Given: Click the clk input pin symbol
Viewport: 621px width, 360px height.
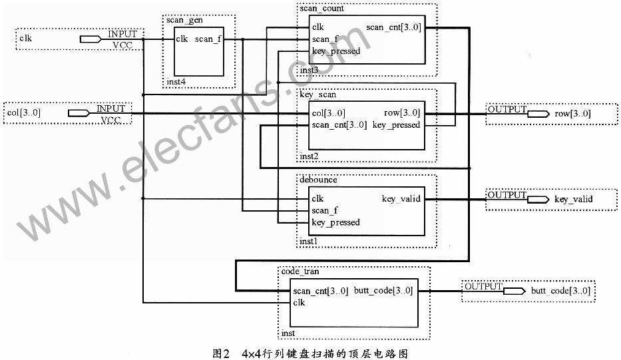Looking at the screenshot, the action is coord(91,39).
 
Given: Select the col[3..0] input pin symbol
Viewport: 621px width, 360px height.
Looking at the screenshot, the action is coord(79,113).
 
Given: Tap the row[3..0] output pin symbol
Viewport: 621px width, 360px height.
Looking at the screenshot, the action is coord(538,114).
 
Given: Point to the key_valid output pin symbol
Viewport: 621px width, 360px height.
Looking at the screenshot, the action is coord(538,199).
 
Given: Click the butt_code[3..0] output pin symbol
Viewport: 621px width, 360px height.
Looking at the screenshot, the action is coord(515,291).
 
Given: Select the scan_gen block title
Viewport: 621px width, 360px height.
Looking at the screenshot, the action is coord(184,20).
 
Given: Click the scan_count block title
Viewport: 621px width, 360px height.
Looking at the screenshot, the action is coord(321,8).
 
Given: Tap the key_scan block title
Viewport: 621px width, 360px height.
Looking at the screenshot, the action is coord(317,94).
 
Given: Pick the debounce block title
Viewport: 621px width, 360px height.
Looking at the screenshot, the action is coord(318,180).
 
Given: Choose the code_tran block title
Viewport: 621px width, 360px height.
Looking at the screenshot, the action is coord(300,271).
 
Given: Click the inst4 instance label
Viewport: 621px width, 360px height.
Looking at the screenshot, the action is coord(176,82).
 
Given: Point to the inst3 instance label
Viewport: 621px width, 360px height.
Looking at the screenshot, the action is coord(309,70).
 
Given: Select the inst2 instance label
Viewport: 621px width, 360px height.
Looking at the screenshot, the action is coord(309,156).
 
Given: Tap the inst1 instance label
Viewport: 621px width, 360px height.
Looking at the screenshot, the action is coord(309,241).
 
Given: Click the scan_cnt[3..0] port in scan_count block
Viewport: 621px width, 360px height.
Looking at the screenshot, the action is coord(393,27).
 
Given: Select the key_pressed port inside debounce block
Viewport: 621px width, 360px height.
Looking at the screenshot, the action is coord(336,222).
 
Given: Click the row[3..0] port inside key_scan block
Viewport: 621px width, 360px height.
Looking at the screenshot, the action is coord(401,113).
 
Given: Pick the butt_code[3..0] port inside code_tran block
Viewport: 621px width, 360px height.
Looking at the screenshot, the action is coord(383,291).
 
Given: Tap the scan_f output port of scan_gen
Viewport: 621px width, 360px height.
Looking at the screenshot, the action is coord(208,39).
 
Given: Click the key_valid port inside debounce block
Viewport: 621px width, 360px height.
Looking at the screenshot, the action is coord(401,199).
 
